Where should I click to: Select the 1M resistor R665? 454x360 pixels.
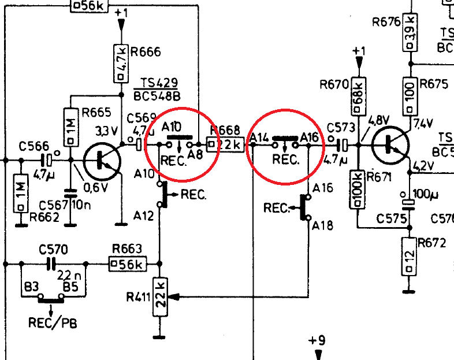point(70,126)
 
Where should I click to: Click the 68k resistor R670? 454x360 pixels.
point(358,94)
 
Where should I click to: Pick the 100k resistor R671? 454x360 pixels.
point(358,187)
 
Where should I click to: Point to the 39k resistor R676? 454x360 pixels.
point(410,36)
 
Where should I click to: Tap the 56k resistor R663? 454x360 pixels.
point(127,265)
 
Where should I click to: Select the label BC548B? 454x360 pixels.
point(155,95)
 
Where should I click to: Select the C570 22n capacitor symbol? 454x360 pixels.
point(50,264)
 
